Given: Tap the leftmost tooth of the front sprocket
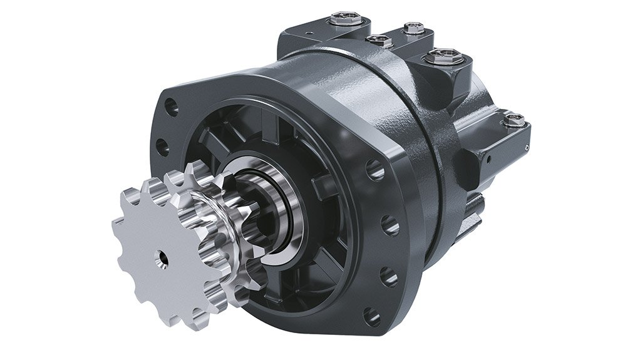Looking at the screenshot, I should pyautogui.click(x=117, y=224).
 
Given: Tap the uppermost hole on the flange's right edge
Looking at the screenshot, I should pyautogui.click(x=376, y=169).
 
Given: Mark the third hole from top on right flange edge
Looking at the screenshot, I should pyautogui.click(x=388, y=276).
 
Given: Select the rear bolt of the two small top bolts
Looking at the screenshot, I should pyautogui.click(x=413, y=28).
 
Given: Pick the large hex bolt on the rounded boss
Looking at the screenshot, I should pyautogui.click(x=445, y=58).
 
